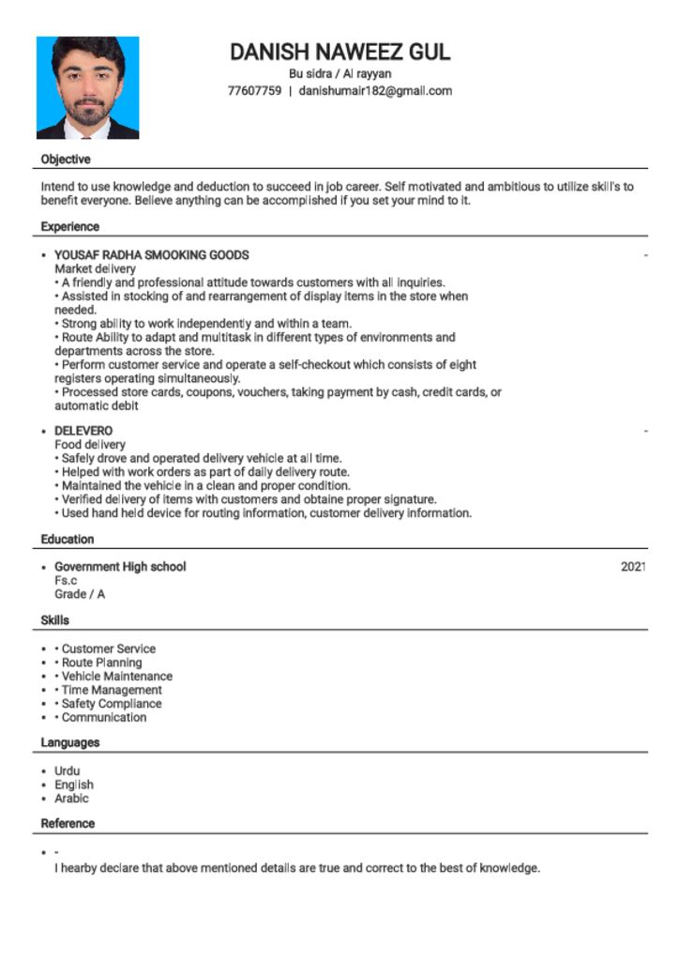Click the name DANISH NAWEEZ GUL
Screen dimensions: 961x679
tap(339, 52)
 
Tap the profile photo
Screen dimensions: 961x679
tap(87, 87)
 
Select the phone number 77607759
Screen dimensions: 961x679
tap(254, 91)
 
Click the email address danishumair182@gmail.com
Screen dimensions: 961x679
tap(375, 91)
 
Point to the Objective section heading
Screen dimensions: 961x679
tap(66, 160)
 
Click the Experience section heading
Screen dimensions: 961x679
tap(69, 227)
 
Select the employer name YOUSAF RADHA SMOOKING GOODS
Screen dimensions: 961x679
tap(151, 255)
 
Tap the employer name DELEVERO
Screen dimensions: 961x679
tap(83, 431)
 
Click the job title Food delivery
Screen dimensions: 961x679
tap(90, 445)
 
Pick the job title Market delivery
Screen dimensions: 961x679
tap(95, 269)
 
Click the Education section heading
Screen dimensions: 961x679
tap(68, 540)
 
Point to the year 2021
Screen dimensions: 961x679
tap(633, 567)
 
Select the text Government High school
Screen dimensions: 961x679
tap(120, 567)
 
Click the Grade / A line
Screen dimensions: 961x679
tap(80, 594)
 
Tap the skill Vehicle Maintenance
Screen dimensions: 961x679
tap(116, 676)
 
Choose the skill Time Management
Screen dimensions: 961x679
tap(112, 690)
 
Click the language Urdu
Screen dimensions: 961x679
tap(68, 771)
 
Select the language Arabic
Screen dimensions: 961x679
tap(71, 799)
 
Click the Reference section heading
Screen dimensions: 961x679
tap(68, 824)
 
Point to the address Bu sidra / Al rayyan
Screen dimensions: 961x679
tap(339, 73)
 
